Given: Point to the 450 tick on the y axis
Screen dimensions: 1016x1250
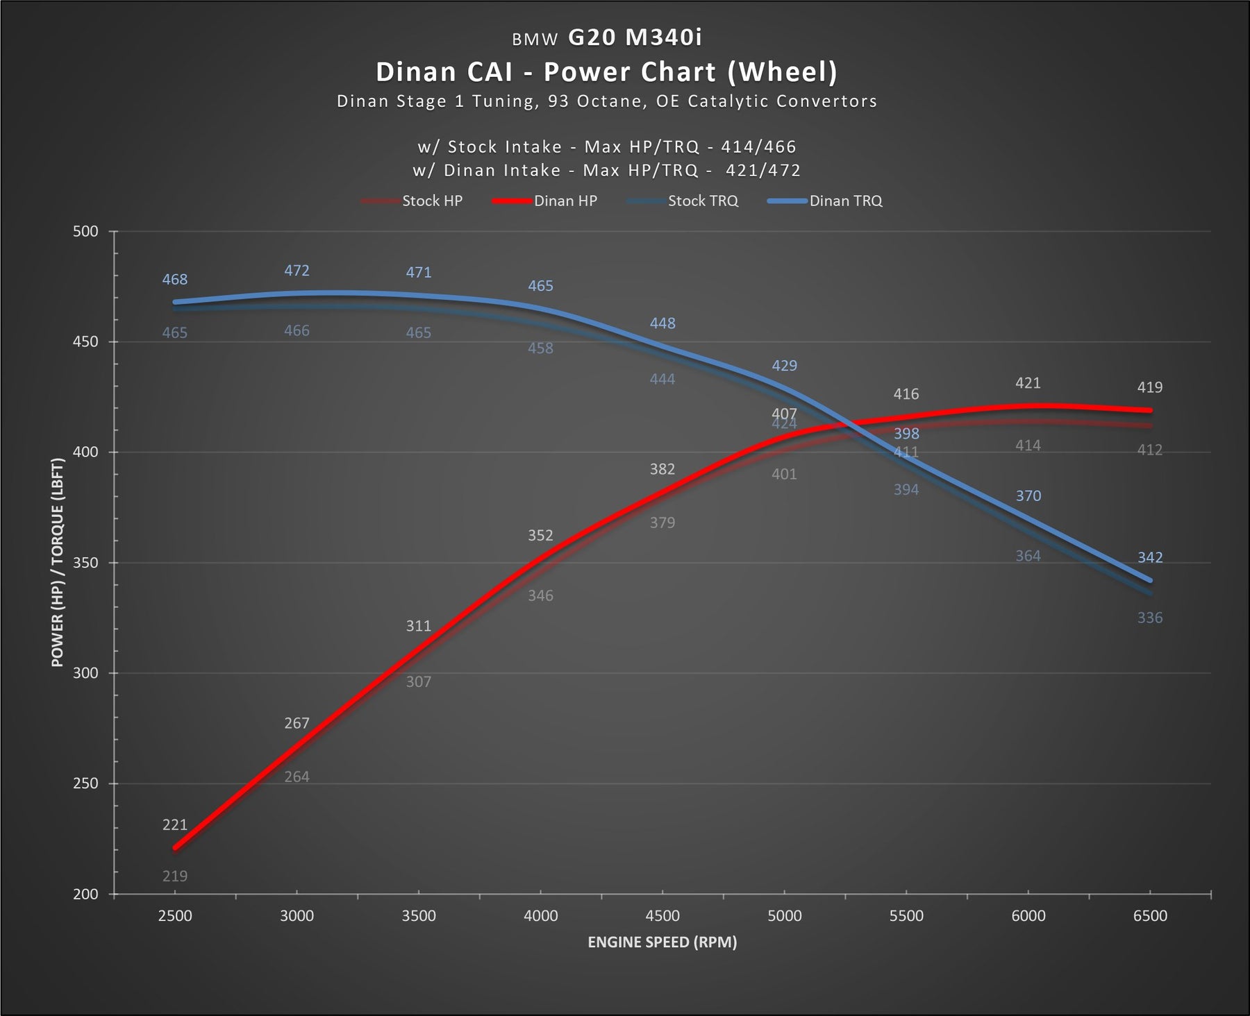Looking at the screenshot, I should click(85, 342).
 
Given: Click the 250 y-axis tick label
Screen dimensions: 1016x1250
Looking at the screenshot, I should click(85, 784).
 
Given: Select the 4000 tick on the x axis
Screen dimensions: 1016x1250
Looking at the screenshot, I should click(540, 916).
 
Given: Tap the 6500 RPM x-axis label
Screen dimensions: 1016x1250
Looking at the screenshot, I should click(1150, 916).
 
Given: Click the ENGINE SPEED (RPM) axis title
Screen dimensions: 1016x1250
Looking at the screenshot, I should click(662, 942).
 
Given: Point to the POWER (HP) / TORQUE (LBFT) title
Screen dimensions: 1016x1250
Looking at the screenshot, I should click(57, 562).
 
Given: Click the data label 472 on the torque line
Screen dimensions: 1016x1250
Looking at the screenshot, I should click(297, 271).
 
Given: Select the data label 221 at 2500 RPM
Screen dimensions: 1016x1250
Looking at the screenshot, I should click(175, 825).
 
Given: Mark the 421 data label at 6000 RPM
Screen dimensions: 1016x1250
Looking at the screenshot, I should click(1028, 383).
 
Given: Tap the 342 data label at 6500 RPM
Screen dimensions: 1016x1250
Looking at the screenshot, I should click(1150, 558).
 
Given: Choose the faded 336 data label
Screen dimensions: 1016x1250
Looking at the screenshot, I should click(1150, 618).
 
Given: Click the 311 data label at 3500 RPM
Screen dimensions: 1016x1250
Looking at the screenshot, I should click(419, 626).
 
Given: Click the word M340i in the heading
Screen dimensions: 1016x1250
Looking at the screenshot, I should click(664, 37).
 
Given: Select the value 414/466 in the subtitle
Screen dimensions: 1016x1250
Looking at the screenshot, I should click(758, 147).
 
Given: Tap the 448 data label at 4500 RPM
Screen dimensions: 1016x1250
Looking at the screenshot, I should click(662, 323).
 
